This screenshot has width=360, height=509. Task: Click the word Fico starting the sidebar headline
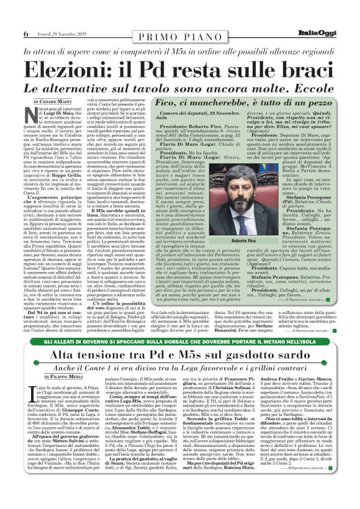pyautogui.click(x=173, y=101)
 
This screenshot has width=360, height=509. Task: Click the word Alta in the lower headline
pyautogui.click(x=73, y=354)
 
